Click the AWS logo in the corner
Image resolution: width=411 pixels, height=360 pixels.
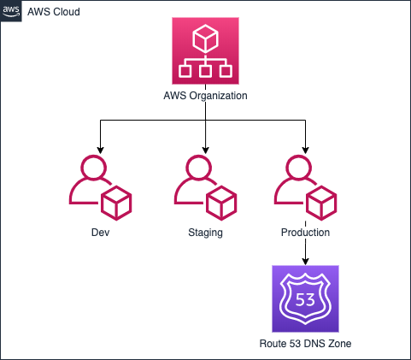(x=11, y=11)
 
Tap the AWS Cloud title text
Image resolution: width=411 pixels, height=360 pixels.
(x=54, y=12)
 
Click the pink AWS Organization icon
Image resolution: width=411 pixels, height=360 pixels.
(x=205, y=50)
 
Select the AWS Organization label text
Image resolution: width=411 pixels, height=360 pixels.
(x=205, y=96)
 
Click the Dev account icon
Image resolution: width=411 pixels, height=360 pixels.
(x=100, y=187)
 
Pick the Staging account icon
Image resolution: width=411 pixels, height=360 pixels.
(x=205, y=187)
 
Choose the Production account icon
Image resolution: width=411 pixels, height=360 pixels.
(x=305, y=187)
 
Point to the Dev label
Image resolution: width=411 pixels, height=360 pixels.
(x=100, y=233)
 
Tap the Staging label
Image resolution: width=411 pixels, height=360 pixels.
(x=205, y=233)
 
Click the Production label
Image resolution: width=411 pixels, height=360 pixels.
(x=305, y=233)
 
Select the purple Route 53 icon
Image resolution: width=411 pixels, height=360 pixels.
(x=305, y=298)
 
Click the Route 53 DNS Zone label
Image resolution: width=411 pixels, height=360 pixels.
(x=305, y=344)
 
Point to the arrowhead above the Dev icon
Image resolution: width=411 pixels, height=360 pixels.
(x=100, y=150)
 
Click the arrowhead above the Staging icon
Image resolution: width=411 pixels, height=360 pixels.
(x=206, y=150)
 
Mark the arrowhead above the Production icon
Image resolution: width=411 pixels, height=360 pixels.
(x=305, y=150)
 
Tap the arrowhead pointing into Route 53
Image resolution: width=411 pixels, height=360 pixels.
(x=305, y=262)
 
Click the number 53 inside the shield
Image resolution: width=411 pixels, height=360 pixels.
(x=305, y=299)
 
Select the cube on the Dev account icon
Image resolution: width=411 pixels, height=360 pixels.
(x=116, y=203)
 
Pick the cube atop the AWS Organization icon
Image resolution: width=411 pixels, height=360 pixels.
(x=205, y=38)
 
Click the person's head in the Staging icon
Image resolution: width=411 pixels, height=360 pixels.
(x=198, y=168)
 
